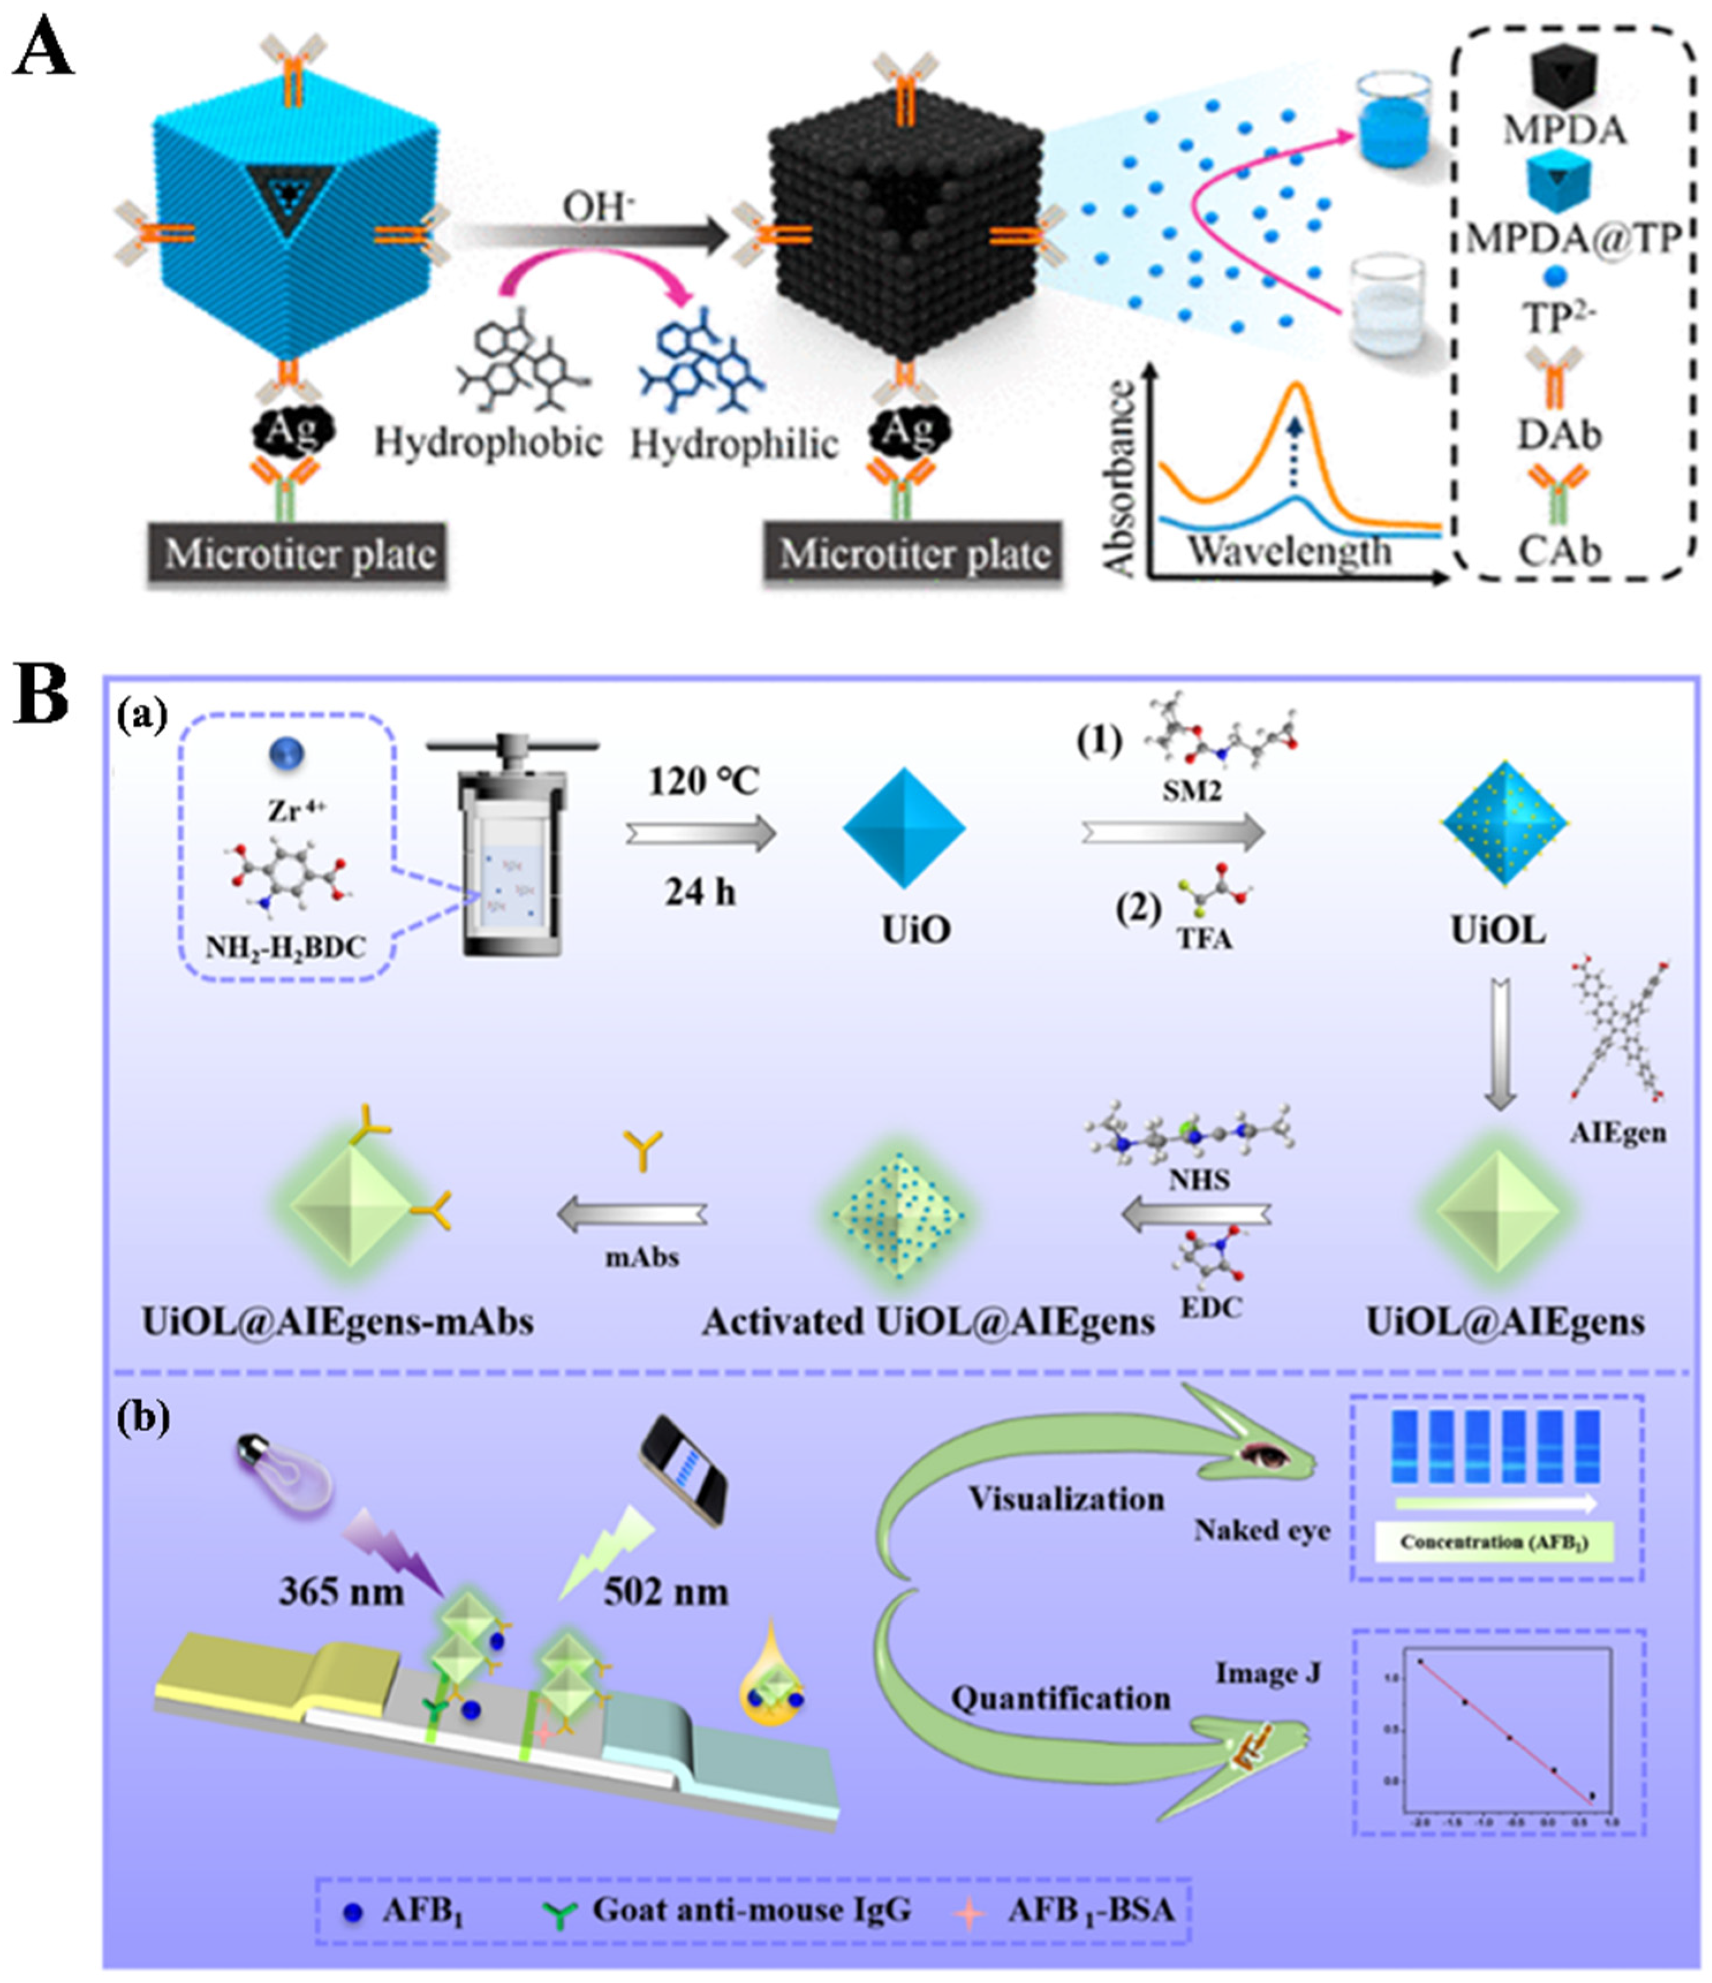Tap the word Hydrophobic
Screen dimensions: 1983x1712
(x=488, y=442)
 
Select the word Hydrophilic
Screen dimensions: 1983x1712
(x=734, y=445)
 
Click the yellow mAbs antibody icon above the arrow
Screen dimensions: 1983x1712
(x=642, y=1148)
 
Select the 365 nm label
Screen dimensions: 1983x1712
(x=340, y=1591)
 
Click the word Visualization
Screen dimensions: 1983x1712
(x=1066, y=1499)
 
